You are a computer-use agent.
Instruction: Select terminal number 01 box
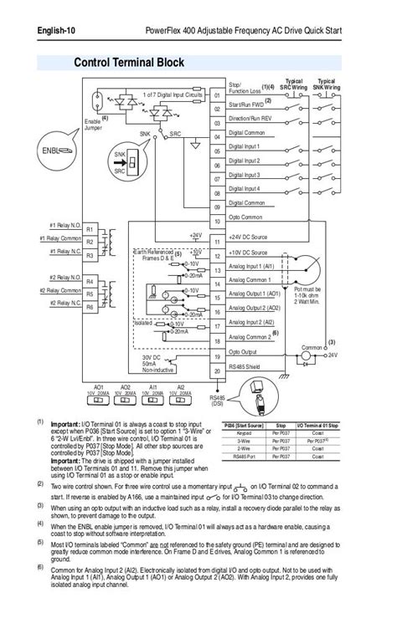tap(217, 95)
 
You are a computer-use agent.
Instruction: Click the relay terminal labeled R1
tap(90, 228)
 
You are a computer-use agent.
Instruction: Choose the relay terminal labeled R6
tap(90, 307)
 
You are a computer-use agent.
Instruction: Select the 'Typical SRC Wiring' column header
tap(293, 84)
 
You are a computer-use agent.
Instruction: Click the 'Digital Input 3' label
tap(245, 175)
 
